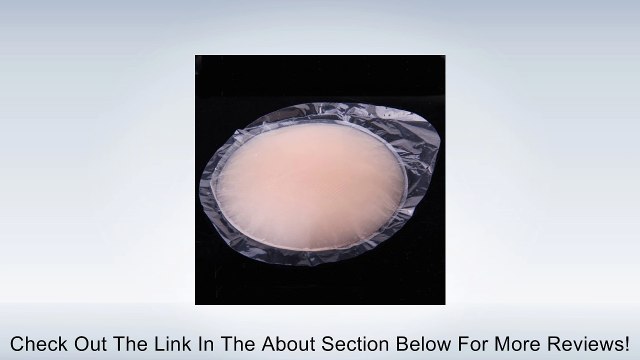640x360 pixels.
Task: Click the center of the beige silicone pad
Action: [x=312, y=182]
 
